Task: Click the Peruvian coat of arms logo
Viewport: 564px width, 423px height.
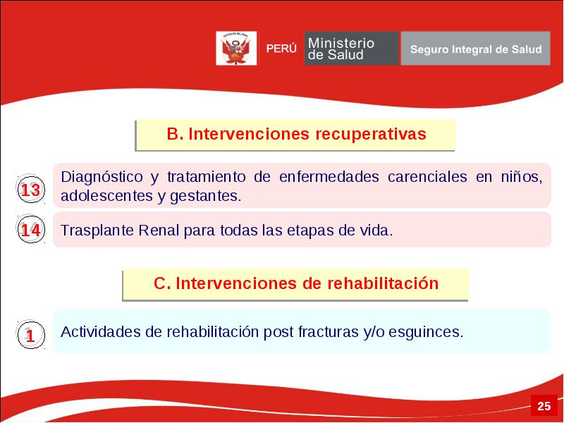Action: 236,48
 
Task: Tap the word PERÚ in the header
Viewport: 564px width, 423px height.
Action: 281,49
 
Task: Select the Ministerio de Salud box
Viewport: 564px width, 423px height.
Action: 351,48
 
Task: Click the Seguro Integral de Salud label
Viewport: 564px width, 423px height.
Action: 476,49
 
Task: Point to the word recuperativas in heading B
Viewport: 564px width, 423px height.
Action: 371,134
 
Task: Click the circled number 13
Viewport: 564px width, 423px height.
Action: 30,188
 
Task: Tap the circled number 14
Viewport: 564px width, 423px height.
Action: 30,228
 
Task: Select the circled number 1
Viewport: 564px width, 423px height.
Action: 30,334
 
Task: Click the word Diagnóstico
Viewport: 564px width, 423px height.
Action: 102,178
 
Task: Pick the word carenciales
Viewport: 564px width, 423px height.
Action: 427,177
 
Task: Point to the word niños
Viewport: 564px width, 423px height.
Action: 521,177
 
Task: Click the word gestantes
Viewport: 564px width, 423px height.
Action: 205,197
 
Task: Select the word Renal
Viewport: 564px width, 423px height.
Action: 159,231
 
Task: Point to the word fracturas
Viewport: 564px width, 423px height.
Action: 328,331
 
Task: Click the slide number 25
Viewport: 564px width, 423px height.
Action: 544,406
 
